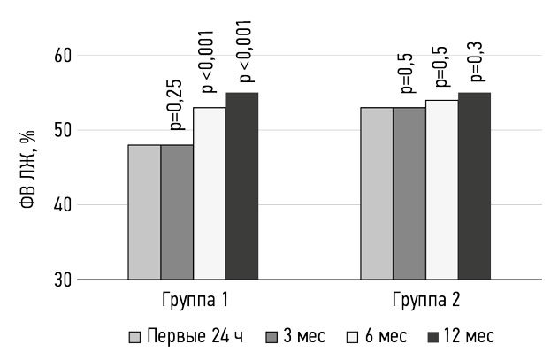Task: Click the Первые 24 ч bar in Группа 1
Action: (x=144, y=212)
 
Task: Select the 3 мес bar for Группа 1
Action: (x=177, y=212)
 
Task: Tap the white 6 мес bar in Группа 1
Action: (x=210, y=194)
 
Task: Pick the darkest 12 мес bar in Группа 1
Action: (x=241, y=186)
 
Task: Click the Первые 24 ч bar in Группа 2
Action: (x=376, y=194)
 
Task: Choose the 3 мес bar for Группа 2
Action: (x=409, y=194)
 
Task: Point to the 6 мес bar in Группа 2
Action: (x=441, y=190)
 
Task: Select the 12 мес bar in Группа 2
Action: (x=474, y=186)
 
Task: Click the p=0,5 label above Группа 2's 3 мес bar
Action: (x=408, y=73)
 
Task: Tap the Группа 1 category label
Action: (x=194, y=300)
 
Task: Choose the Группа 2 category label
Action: (x=425, y=300)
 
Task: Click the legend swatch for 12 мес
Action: (x=434, y=337)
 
